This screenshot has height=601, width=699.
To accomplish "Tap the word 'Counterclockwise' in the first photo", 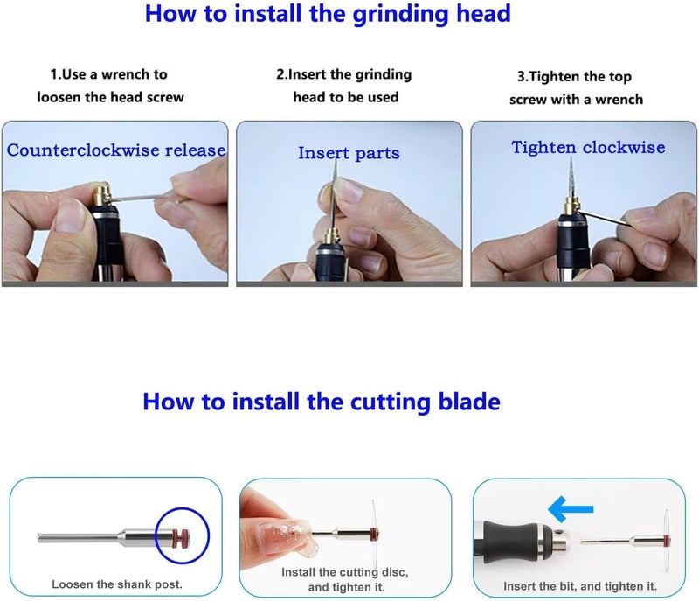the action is [83, 150].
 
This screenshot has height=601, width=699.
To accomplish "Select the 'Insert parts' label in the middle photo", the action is [349, 153].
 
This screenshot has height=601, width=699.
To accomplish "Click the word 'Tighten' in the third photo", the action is [543, 147].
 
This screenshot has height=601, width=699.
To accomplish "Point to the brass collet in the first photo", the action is [101, 195].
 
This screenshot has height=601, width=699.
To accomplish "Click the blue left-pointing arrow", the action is [571, 509].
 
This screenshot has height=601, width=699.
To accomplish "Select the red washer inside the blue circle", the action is [181, 537].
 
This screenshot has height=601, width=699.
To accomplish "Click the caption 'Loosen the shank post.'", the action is [117, 584].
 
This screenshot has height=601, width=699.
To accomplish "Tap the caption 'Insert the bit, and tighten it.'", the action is [580, 586].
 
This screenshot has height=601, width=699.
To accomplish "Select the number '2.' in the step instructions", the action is [281, 74].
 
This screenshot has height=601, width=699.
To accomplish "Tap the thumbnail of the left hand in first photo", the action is [69, 215].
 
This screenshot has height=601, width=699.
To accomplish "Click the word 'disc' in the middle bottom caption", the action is [395, 572].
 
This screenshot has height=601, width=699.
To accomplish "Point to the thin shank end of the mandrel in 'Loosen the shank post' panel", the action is [41, 538].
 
